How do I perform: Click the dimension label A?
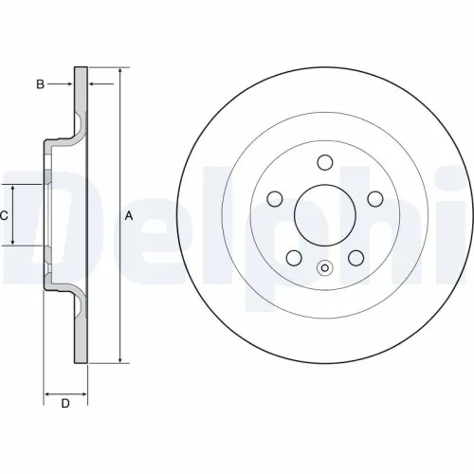click(x=129, y=216)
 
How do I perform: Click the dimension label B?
click(x=40, y=84)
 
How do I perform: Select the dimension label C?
click(x=4, y=216)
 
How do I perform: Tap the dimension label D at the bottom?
click(x=65, y=405)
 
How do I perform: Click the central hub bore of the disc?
click(x=323, y=214)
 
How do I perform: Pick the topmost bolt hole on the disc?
click(x=323, y=162)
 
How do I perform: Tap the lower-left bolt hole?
click(x=293, y=257)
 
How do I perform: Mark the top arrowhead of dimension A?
click(x=121, y=72)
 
